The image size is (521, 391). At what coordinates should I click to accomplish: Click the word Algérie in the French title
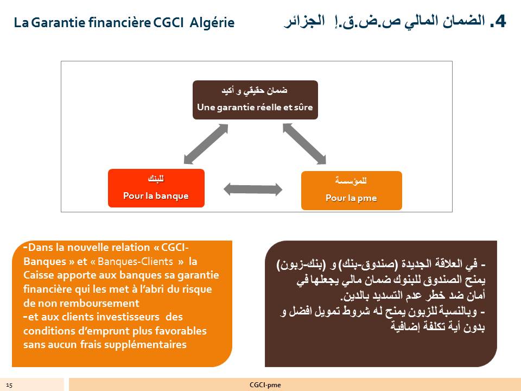tap(212, 23)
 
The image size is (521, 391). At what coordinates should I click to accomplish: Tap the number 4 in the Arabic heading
tap(500, 21)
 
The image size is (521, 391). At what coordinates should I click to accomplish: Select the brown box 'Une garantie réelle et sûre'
tap(255, 100)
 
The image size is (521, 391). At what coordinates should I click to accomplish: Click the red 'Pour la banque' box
tap(156, 188)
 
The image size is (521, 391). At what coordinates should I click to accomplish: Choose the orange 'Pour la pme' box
tap(352, 191)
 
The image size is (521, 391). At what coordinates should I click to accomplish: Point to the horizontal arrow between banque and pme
tap(253, 190)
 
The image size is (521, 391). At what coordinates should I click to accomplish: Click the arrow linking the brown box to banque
tap(206, 144)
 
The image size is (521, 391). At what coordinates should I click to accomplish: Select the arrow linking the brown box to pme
tap(304, 144)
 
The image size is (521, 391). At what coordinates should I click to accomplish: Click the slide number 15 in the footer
tap(9, 386)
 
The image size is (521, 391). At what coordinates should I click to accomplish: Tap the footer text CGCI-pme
tap(265, 385)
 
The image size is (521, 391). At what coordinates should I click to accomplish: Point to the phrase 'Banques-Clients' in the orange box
tap(135, 261)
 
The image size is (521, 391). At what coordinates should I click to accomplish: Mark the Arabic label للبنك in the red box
tap(156, 179)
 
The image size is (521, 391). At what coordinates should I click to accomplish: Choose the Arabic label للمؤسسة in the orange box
tap(351, 180)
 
